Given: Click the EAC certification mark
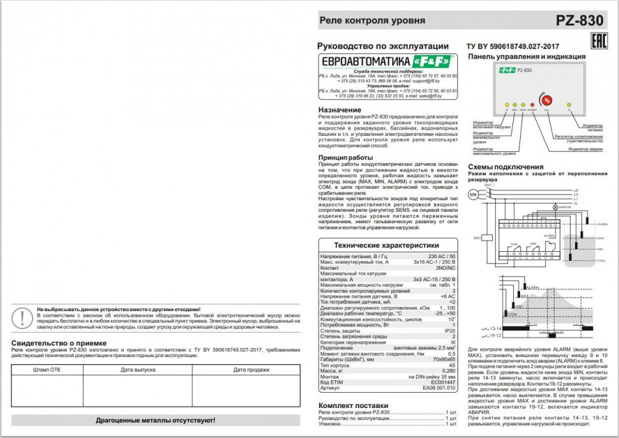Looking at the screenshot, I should [x=598, y=43].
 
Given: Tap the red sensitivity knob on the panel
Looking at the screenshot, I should [x=546, y=99].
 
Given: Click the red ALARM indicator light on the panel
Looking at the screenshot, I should [x=532, y=104].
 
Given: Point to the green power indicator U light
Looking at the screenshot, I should [x=569, y=104].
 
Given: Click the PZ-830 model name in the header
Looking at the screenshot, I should [x=579, y=20].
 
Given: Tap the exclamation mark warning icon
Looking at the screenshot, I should [x=24, y=316].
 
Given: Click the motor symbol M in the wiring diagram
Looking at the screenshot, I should [x=474, y=194].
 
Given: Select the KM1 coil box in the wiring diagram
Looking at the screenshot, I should [x=485, y=237].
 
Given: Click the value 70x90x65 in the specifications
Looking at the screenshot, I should [x=442, y=360].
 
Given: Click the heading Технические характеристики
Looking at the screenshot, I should [x=387, y=245].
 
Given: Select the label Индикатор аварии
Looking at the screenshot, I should [x=585, y=149].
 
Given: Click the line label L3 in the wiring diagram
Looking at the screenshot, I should [x=576, y=190].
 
